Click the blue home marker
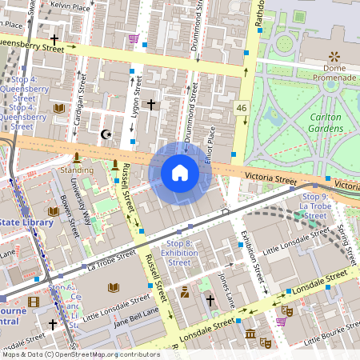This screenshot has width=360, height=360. (x=180, y=173)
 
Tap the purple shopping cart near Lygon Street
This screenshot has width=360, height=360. (x=134, y=38)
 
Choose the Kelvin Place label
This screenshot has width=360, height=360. (x=70, y=6)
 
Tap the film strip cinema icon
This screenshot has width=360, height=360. (x=33, y=302)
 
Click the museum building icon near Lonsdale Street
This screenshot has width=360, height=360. (x=250, y=333)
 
